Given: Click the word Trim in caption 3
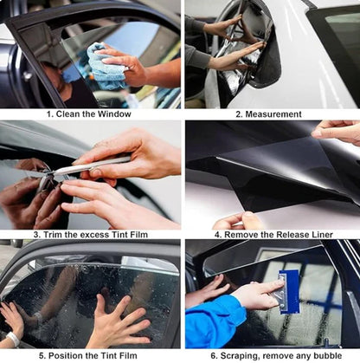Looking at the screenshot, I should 53,234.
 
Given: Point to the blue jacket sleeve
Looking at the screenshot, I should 215,325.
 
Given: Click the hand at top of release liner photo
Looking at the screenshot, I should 338,131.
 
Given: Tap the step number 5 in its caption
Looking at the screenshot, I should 41,354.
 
